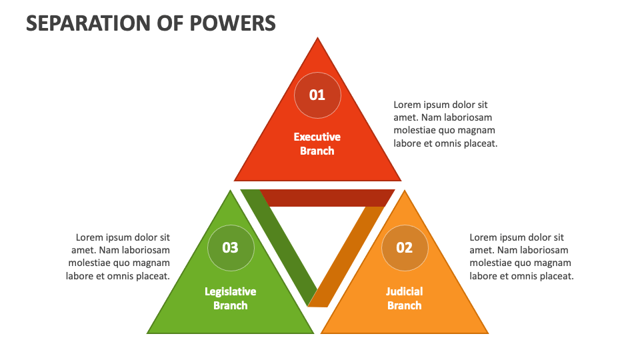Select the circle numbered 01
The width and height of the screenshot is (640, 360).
(x=317, y=95)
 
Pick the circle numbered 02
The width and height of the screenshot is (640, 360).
(x=405, y=247)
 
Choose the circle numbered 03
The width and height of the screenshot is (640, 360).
(x=230, y=247)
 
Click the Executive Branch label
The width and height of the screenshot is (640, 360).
(x=317, y=143)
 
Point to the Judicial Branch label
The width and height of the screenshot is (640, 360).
(x=405, y=298)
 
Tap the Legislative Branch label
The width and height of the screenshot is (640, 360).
(x=230, y=298)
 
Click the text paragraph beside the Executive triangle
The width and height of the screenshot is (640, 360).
(x=445, y=124)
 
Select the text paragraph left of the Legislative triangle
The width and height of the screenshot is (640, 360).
(x=119, y=257)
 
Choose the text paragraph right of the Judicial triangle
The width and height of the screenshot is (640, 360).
(x=521, y=257)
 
